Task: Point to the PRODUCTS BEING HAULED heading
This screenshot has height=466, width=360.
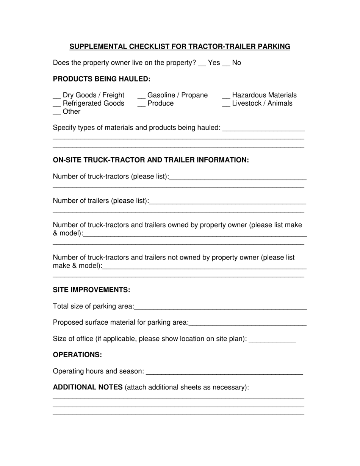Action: coord(102,79)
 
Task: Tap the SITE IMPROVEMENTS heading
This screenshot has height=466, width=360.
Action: coord(91,290)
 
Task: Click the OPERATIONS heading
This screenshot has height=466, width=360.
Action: coord(77,355)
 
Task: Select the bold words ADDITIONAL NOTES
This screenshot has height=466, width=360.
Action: coord(88,387)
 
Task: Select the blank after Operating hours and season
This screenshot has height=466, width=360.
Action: coord(224,373)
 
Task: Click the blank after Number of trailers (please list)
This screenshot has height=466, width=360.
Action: coord(227,203)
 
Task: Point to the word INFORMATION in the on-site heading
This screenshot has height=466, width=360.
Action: coord(221,160)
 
